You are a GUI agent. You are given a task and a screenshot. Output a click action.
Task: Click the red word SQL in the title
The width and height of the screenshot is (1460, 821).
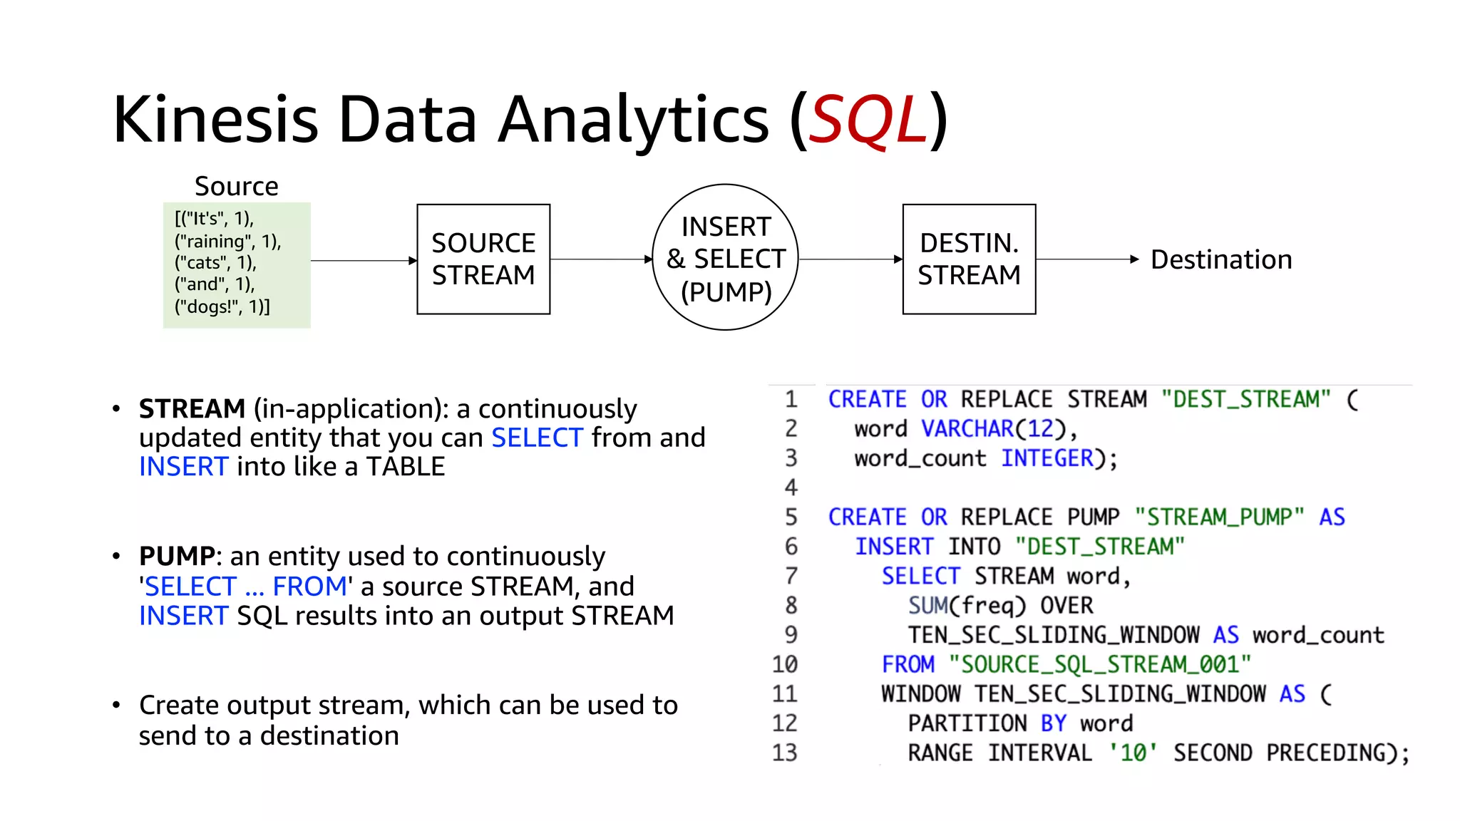point(868,120)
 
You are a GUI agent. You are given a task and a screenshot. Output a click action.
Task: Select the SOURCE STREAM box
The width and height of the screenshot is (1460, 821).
point(483,259)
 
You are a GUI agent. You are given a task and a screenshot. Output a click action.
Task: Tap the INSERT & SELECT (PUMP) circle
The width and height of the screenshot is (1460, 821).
point(725,257)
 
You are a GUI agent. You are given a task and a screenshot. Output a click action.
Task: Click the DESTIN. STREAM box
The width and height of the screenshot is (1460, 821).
point(968,259)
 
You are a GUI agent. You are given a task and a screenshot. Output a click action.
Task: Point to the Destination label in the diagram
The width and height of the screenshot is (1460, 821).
point(1220,259)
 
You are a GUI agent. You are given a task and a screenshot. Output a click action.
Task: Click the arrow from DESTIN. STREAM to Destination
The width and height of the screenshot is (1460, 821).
point(1086,259)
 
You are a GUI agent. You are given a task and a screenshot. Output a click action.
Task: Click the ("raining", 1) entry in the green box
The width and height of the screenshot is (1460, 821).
point(227,242)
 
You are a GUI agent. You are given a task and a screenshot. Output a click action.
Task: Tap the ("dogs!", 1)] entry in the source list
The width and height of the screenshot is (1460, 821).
point(222,306)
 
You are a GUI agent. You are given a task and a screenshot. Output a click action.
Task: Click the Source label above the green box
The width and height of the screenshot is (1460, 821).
point(236,186)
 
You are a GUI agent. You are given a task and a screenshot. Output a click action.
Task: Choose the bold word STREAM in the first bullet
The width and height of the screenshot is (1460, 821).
point(192,409)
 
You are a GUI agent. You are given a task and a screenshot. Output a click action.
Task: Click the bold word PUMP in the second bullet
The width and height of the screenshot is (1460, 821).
point(177,556)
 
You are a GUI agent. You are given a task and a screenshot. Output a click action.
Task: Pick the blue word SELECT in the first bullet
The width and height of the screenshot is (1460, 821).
point(537,438)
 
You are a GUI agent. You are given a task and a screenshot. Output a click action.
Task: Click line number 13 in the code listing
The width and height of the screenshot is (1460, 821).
point(784,753)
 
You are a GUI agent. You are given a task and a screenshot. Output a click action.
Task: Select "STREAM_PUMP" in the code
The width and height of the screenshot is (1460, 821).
point(1219,517)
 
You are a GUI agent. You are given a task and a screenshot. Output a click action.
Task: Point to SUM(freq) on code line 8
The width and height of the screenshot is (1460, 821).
point(966,605)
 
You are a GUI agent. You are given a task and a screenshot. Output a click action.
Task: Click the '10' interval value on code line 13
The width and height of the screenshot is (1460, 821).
point(1133,753)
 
